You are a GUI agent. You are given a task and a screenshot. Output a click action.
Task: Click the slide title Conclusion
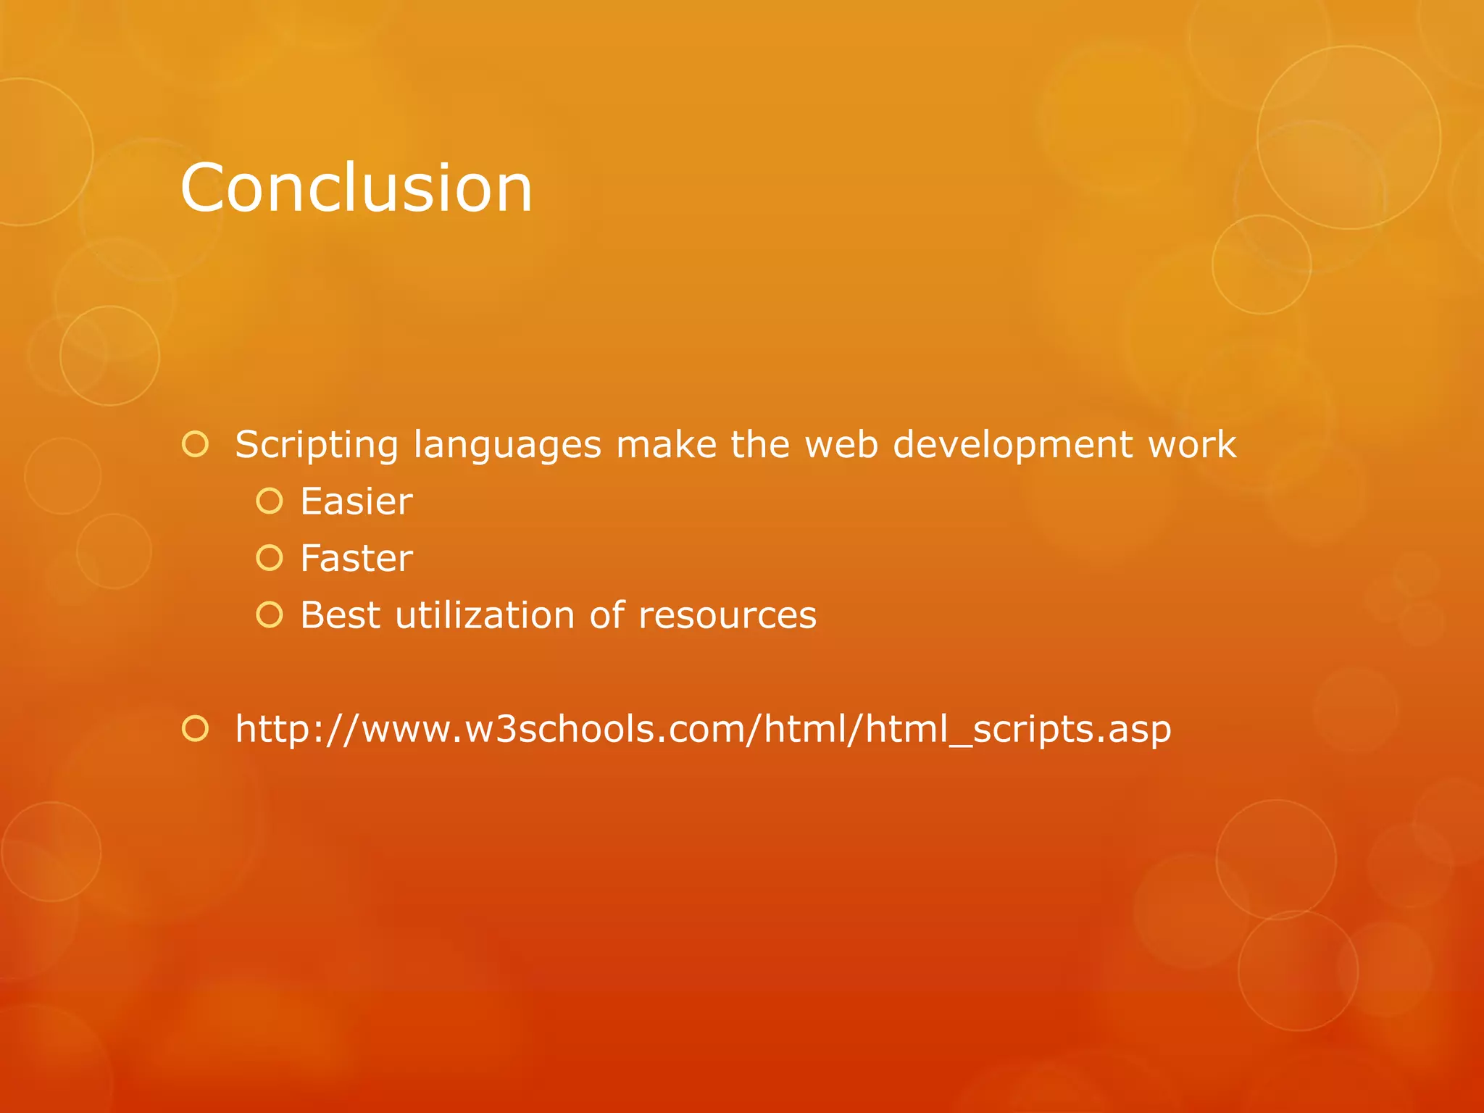pyautogui.click(x=356, y=188)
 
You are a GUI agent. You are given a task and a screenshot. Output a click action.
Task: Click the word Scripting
pyautogui.click(x=317, y=445)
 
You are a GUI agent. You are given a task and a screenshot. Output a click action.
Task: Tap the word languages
pyautogui.click(x=507, y=445)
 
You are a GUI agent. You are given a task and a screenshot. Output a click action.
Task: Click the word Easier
pyautogui.click(x=357, y=501)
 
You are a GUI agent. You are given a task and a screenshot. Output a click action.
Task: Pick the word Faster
pyautogui.click(x=357, y=559)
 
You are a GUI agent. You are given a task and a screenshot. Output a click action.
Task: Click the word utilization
pyautogui.click(x=485, y=615)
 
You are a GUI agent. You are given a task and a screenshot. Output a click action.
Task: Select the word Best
pyautogui.click(x=340, y=615)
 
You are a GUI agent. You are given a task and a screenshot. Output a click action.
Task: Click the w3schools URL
pyautogui.click(x=703, y=729)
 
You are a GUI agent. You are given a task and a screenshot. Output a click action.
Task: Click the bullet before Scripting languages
pyautogui.click(x=196, y=443)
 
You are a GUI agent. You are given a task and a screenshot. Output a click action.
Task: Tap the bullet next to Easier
pyautogui.click(x=270, y=501)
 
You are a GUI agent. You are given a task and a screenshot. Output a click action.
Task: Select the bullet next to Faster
pyautogui.click(x=270, y=557)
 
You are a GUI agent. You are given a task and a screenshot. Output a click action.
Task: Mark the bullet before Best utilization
pyautogui.click(x=270, y=614)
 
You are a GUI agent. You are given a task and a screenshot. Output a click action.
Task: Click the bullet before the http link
pyautogui.click(x=196, y=728)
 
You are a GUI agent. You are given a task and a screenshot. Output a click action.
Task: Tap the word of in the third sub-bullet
pyautogui.click(x=607, y=615)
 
